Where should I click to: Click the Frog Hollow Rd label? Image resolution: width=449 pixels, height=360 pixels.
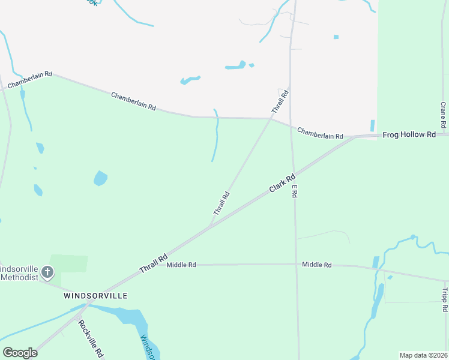click(x=409, y=135)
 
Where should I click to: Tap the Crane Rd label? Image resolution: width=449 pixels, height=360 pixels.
click(x=443, y=115)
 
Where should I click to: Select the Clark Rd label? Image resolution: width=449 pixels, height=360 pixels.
click(x=283, y=183)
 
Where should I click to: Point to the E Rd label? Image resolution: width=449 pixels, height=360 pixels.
click(x=295, y=192)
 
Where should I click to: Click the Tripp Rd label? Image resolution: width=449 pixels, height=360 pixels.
click(x=445, y=300)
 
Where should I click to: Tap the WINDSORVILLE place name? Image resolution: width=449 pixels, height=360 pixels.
click(x=95, y=296)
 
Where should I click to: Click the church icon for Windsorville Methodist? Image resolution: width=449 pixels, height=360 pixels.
click(x=47, y=274)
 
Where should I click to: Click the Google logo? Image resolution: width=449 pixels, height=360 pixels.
click(x=20, y=352)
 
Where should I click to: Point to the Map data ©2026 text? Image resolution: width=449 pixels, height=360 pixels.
click(x=423, y=355)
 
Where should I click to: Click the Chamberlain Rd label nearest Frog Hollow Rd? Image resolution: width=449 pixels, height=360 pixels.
click(x=320, y=133)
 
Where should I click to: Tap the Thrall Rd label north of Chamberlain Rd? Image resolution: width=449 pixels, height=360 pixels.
click(x=280, y=101)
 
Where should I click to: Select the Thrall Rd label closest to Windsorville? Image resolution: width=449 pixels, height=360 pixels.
click(x=153, y=265)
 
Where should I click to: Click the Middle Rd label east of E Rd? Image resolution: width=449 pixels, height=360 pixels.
click(x=317, y=265)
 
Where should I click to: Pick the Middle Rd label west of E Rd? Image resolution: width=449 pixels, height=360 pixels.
click(x=181, y=265)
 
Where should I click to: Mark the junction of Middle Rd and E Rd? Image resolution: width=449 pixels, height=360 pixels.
click(x=296, y=264)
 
